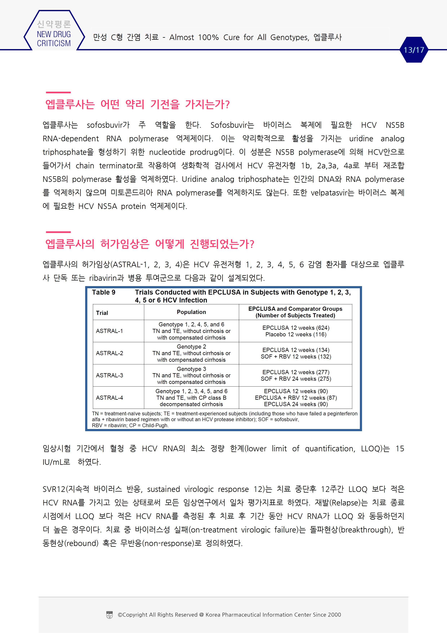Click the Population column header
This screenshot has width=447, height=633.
[x=191, y=312]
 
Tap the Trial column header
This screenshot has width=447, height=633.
[x=102, y=313]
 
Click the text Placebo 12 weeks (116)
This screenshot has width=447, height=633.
[x=296, y=334]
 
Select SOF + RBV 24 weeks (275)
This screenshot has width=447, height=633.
[x=296, y=379]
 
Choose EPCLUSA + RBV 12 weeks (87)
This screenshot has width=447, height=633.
[x=296, y=398]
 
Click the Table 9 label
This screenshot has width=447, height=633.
[x=104, y=292]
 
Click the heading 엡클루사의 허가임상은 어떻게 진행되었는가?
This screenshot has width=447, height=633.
[x=150, y=244]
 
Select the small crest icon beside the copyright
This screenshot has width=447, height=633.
[x=109, y=615]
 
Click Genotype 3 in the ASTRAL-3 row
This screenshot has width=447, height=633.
[x=191, y=369]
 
